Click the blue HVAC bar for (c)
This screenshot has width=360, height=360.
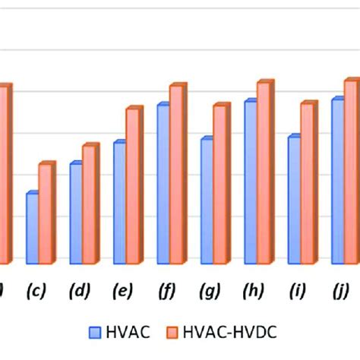32,228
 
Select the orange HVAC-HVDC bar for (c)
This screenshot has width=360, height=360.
46,213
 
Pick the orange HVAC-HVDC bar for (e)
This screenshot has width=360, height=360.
133,186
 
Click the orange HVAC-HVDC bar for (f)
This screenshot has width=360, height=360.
176,175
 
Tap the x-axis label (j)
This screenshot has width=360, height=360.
341,291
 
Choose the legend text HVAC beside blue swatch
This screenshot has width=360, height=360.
127,332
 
